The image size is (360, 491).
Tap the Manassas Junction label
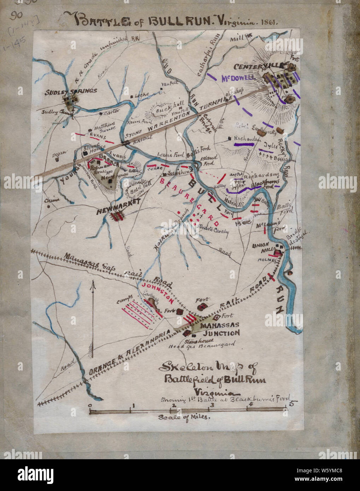220,329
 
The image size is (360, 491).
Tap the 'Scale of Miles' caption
184,417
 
